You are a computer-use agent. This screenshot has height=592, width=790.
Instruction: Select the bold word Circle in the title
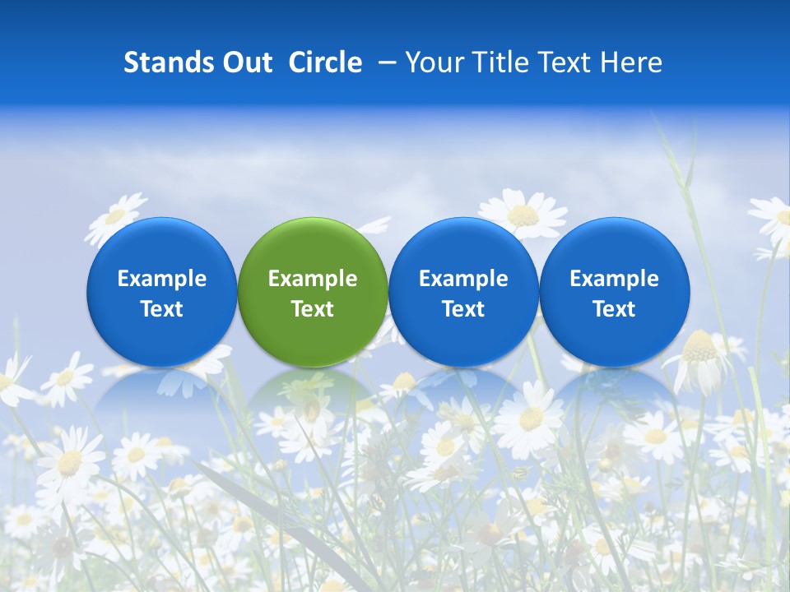coord(325,62)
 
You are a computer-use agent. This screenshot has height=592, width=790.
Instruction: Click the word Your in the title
coord(432,62)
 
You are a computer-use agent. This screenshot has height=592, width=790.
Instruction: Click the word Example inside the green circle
coord(313,279)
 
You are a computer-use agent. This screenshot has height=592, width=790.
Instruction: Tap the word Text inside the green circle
coord(313,309)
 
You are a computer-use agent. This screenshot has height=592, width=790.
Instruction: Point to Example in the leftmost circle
coord(162,279)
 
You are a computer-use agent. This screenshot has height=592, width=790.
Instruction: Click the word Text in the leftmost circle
coord(162,309)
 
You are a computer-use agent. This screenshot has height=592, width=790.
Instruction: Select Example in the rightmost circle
coord(614,279)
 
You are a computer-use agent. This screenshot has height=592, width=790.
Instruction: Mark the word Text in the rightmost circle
coord(614,309)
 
